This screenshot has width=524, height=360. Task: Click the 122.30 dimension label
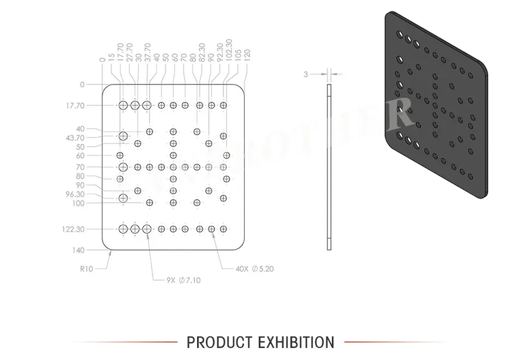(x=73, y=229)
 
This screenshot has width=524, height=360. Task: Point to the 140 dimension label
(x=78, y=250)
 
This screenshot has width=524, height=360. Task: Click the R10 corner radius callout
(x=86, y=268)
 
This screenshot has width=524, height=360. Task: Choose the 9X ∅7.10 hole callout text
(x=183, y=280)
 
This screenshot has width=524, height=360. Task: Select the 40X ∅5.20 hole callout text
(x=254, y=268)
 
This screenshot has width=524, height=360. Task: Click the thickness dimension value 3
(x=306, y=74)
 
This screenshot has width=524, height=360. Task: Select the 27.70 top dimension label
(x=129, y=53)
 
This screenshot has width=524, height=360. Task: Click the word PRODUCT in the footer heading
(x=214, y=343)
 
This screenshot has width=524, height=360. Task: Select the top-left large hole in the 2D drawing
(x=123, y=105)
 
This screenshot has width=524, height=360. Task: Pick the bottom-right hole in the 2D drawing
(x=223, y=229)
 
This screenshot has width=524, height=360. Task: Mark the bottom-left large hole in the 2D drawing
(x=123, y=229)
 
